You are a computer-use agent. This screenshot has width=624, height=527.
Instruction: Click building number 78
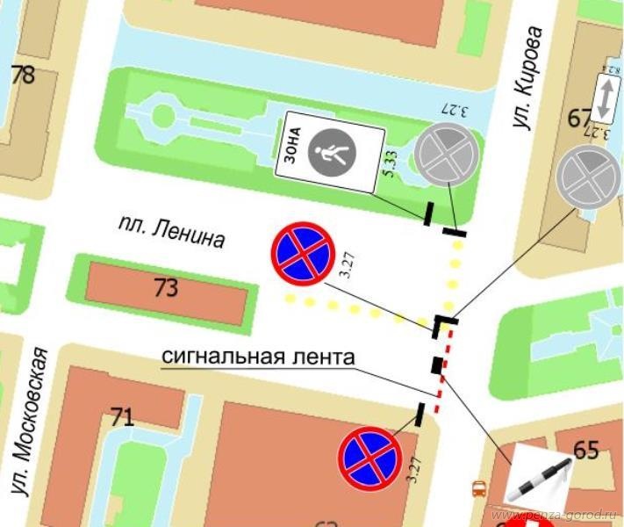(23, 75)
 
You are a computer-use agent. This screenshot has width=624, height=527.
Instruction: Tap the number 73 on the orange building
(166, 288)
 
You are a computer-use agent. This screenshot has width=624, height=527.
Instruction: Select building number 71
(122, 416)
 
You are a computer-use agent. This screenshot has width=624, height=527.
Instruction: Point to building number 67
(579, 118)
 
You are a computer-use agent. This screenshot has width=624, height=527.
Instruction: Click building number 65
(585, 450)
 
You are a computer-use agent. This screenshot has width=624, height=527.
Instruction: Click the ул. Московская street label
(33, 434)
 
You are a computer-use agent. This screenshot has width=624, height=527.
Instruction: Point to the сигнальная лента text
(258, 357)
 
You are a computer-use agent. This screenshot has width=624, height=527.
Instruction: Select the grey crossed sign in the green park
(448, 152)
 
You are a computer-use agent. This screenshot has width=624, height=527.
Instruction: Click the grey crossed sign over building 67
(589, 177)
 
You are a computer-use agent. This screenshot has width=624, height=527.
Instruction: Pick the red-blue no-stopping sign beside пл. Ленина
(302, 253)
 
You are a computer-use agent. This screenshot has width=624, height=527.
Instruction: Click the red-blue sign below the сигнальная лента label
(369, 458)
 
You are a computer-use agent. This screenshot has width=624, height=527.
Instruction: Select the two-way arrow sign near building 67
(605, 97)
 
